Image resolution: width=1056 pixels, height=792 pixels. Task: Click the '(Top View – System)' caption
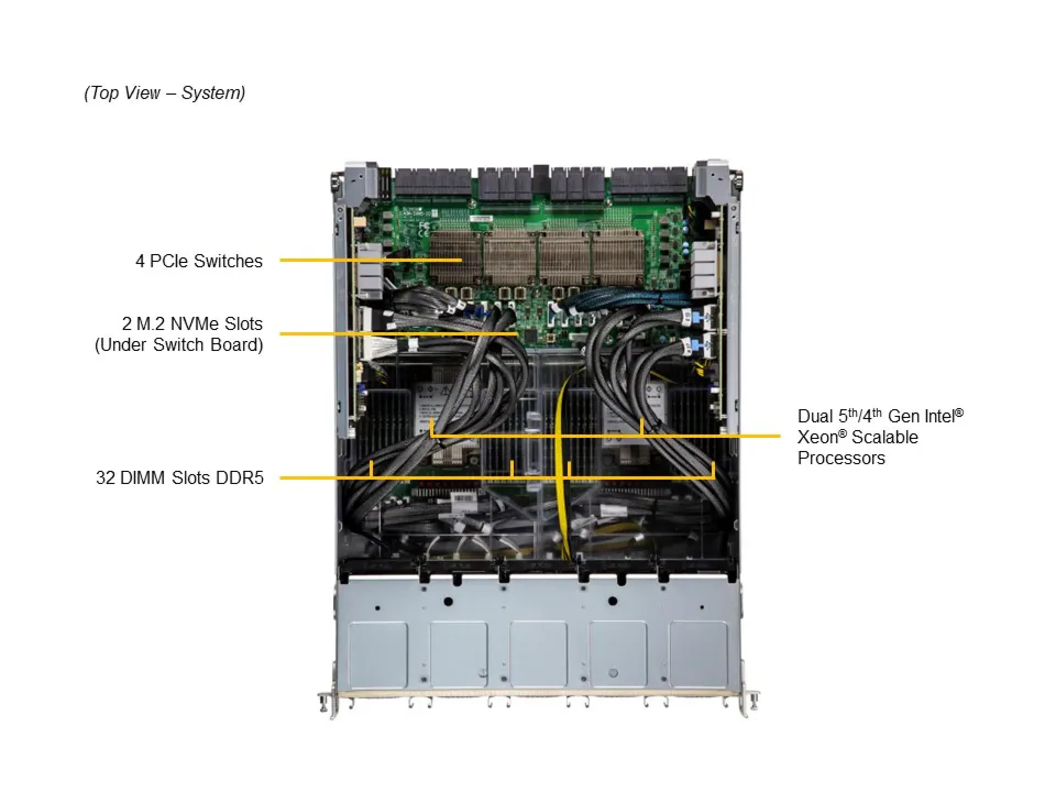click(x=164, y=93)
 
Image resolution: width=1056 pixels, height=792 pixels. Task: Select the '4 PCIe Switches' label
click(x=199, y=261)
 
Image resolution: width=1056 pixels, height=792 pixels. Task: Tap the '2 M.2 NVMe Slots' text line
click(x=192, y=323)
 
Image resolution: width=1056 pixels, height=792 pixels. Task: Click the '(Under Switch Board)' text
click(x=179, y=345)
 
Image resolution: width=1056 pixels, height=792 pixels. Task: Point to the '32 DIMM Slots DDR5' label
click(x=179, y=477)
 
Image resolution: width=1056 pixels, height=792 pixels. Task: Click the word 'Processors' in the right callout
click(x=841, y=458)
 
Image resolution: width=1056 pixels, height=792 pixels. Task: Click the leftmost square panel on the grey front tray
click(x=378, y=654)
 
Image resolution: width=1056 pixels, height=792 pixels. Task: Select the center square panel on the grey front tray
click(x=538, y=654)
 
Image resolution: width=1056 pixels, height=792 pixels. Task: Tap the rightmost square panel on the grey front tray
click(x=698, y=654)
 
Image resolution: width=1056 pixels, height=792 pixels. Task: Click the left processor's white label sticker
click(x=432, y=404)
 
